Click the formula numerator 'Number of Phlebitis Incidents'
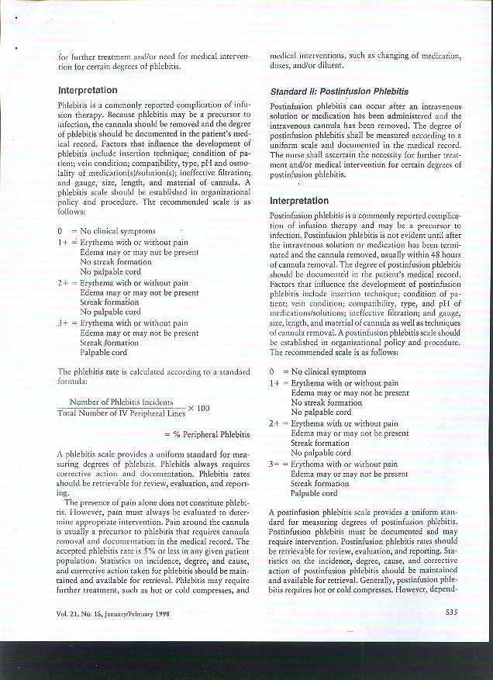121,402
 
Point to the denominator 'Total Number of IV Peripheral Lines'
121,412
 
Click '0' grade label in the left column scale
60,232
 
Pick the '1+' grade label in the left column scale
63,242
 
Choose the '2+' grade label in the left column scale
63,283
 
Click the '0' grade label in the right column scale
272,372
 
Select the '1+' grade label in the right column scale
274,383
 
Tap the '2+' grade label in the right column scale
274,423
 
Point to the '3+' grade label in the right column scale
274,463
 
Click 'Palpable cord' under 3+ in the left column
103,353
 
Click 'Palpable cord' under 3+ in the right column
313,493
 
